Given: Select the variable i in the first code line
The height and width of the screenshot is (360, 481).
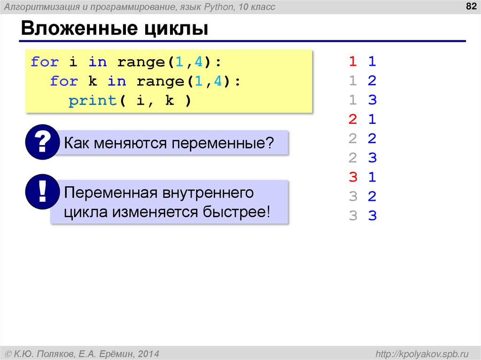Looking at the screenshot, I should (x=73, y=62).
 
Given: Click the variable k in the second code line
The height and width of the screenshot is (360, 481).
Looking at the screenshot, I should (x=93, y=81).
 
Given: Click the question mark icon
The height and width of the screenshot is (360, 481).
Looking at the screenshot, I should (x=43, y=142).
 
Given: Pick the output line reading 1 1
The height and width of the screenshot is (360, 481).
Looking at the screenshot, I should (x=362, y=61).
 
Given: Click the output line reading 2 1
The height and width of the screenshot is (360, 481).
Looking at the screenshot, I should (x=362, y=119).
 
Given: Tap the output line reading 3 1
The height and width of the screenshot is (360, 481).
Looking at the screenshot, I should (x=362, y=177).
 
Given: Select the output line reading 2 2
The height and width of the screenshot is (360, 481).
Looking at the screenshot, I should (x=362, y=138).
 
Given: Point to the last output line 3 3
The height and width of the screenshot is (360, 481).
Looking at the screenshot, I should (x=362, y=215).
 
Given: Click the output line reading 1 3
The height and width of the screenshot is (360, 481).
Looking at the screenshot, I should (x=362, y=100).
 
